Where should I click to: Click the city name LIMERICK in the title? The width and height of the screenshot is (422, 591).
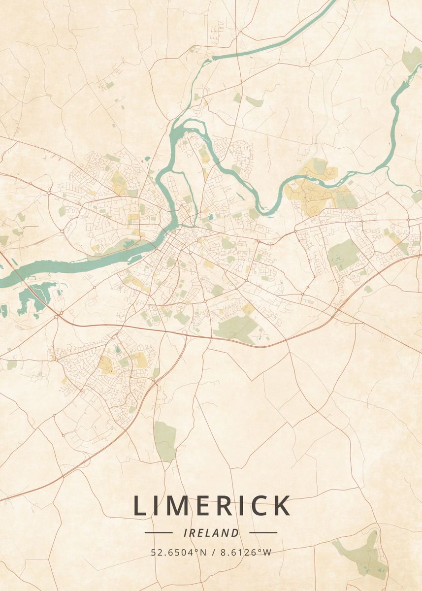point(212,506)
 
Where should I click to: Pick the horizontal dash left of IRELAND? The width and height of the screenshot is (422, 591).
point(159,532)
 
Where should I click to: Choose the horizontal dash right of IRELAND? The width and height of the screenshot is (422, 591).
point(263,532)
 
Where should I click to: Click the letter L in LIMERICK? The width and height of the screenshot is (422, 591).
point(140,506)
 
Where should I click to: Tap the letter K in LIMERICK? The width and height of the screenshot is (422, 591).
point(281,506)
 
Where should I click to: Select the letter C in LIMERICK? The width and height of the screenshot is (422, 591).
point(256,506)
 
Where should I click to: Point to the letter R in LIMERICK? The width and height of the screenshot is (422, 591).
point(222,506)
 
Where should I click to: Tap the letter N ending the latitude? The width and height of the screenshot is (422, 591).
point(203,552)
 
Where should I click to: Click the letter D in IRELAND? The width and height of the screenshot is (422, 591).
point(235,532)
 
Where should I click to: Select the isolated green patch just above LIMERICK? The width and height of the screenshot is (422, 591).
point(164,440)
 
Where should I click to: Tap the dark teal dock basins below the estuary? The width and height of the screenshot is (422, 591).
point(32,298)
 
